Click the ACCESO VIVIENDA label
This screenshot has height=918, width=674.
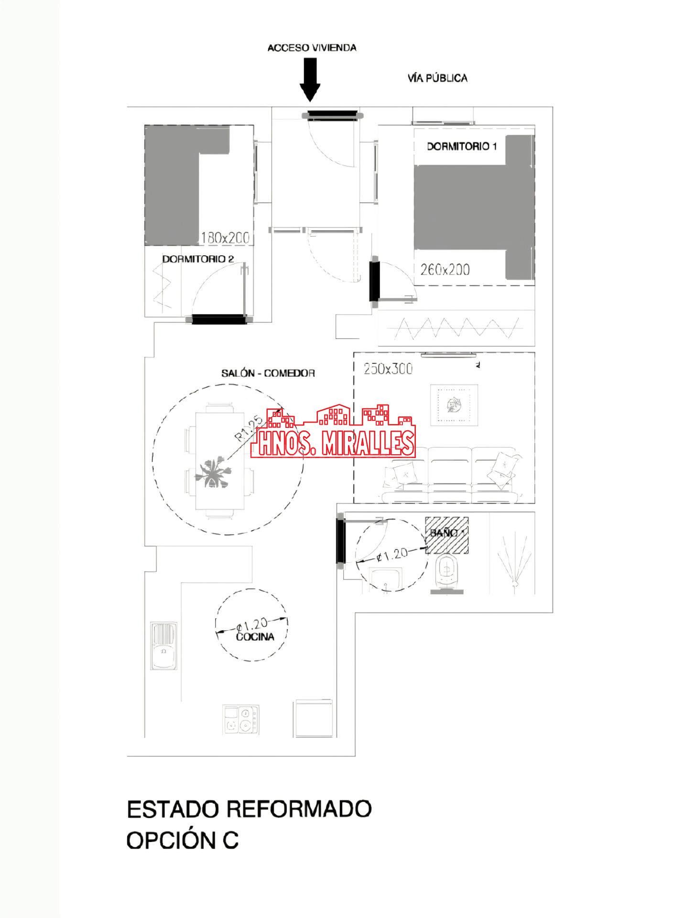[x=312, y=48]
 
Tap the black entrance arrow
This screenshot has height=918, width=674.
[x=310, y=79]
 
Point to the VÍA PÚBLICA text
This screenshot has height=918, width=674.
[x=437, y=78]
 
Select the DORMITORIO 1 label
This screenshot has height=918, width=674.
[x=461, y=146]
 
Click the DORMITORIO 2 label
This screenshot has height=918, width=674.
[x=198, y=259]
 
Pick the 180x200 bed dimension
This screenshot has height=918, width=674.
[x=225, y=237]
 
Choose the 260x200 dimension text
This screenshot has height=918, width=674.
[x=445, y=270]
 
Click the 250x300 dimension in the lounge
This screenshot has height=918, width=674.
[x=388, y=369]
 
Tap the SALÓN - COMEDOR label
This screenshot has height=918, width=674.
[x=268, y=373]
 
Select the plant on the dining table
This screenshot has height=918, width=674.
[x=215, y=473]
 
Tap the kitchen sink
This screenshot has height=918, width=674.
[x=164, y=645]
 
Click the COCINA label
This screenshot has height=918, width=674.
[x=255, y=637]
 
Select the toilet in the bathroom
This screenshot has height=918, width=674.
[x=447, y=573]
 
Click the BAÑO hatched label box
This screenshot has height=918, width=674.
[x=447, y=535]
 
